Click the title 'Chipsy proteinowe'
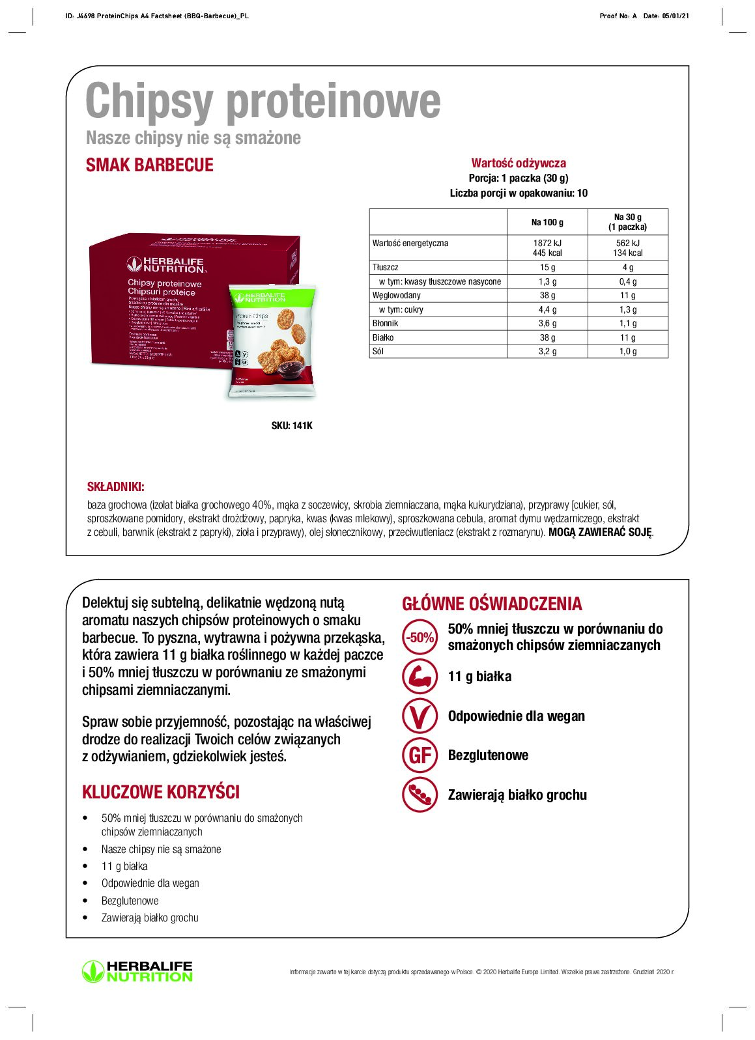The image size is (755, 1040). pos(263,101)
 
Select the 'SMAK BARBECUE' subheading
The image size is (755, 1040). pos(150,165)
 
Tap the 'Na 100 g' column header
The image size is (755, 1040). pos(547,222)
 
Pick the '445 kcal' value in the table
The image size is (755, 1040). pos(547,253)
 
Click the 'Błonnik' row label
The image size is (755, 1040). pos(385,323)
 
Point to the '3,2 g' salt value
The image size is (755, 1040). pos(547,351)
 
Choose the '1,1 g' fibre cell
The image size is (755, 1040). pos(627,323)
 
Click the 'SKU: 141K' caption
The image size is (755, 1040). pos(292,425)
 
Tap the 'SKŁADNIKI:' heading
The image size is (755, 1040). pos(116,486)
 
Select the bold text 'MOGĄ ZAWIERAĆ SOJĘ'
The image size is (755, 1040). pos(599,532)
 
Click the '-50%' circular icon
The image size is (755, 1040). pos(420,638)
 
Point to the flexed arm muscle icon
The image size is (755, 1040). pos(420,677)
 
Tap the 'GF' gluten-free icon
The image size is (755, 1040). pos(420,755)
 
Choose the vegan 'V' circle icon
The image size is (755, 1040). pos(420,716)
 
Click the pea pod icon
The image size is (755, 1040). pos(420,794)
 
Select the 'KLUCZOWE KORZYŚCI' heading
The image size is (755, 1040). pos(161,792)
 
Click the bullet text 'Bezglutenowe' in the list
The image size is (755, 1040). pos(130,901)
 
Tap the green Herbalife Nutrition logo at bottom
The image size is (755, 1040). pos(137,971)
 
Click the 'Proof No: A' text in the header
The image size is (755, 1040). pos(618,16)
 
